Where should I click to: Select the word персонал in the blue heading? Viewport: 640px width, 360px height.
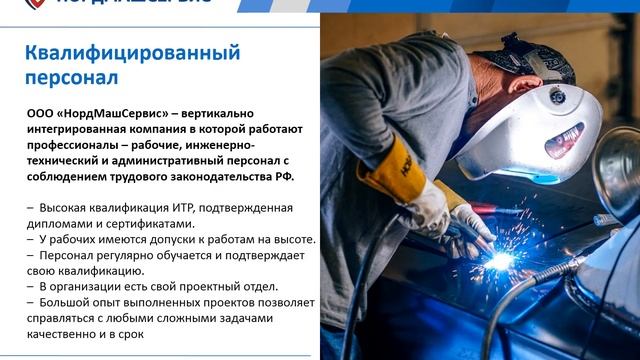point(72,76)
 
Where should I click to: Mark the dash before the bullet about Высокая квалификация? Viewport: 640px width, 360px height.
point(30,208)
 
